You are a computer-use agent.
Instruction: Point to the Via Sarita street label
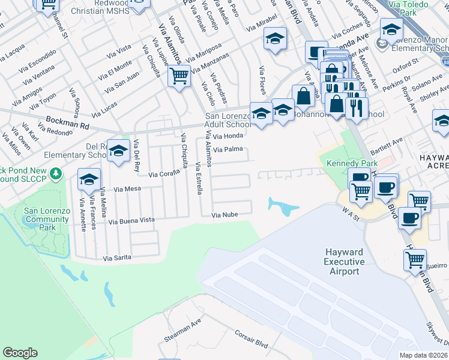coord(117,259)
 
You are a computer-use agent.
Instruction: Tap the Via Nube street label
coord(225,215)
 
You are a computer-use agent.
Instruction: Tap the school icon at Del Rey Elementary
coord(119,151)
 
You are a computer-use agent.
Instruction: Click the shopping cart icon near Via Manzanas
coord(179,76)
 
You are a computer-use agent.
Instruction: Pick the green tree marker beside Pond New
coord(56,173)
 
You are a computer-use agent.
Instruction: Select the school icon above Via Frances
coord(89,179)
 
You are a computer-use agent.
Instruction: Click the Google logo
coord(20,353)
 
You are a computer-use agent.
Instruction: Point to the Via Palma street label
coord(228,149)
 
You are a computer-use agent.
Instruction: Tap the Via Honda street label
coord(228,136)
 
